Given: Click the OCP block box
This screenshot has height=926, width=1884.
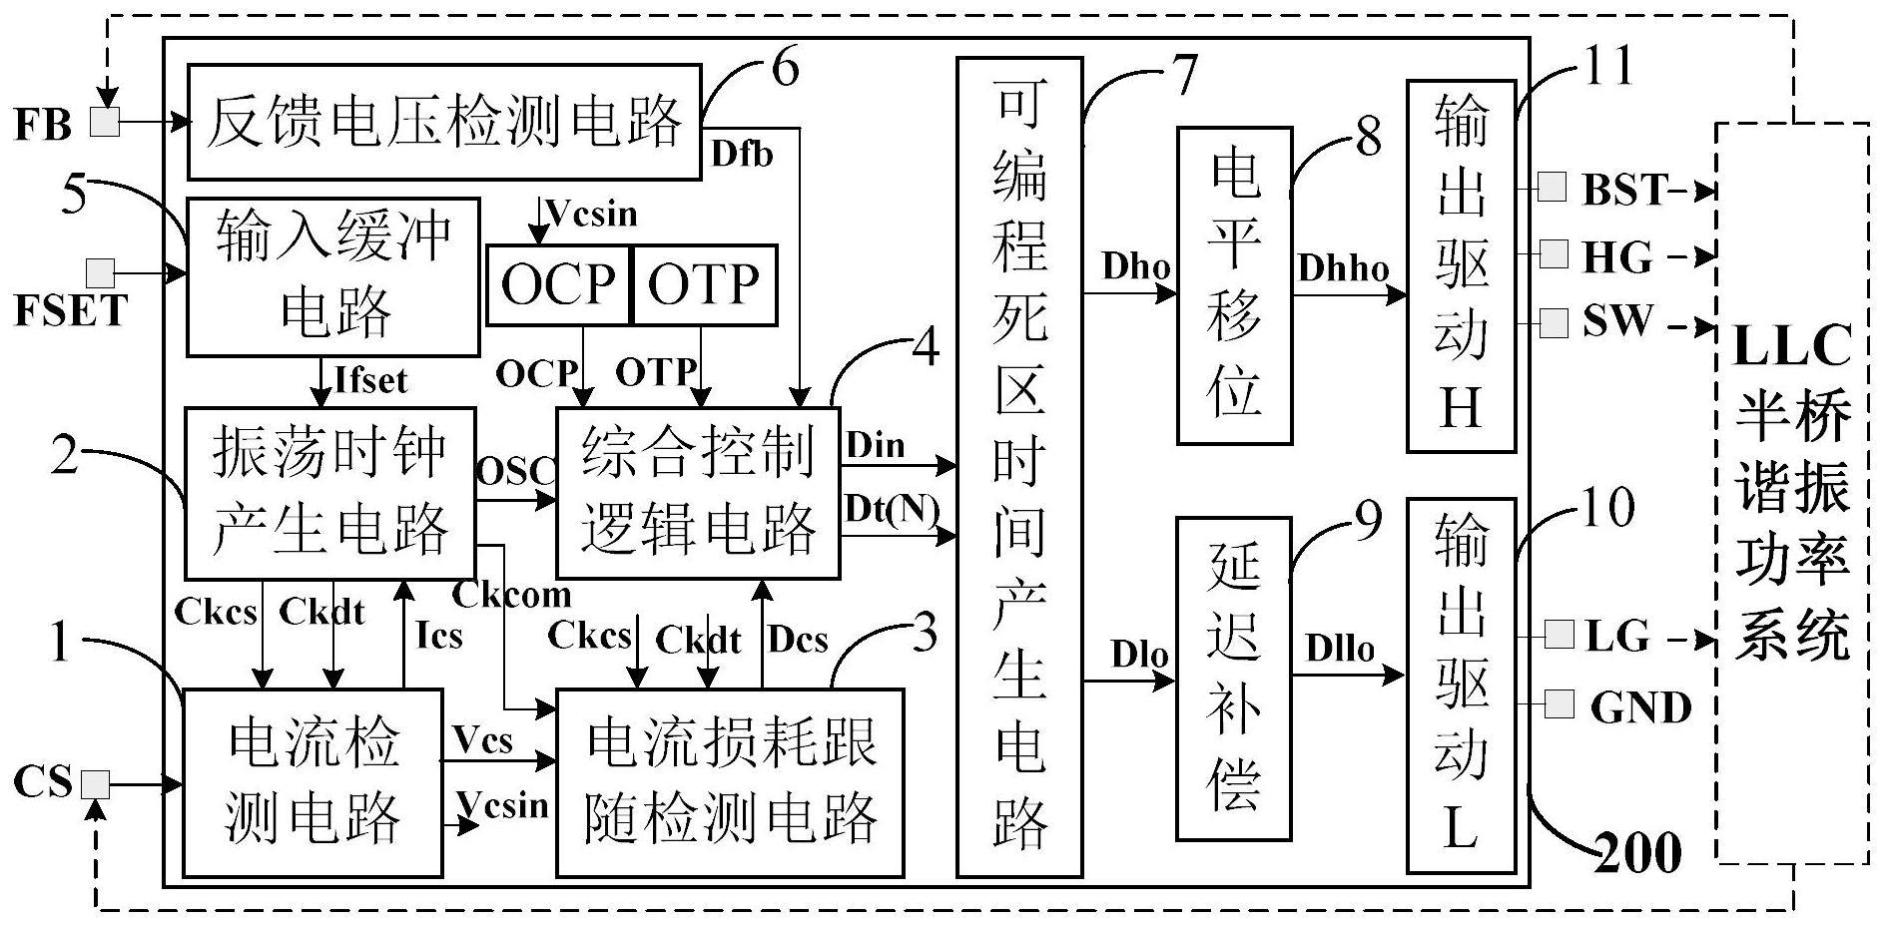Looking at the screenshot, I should pos(558,284).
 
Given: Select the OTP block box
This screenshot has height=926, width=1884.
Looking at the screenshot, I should pos(704,284).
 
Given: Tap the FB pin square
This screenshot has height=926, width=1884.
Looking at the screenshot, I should pos(105,123).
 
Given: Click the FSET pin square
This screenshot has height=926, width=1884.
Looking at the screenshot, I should pos(100,272).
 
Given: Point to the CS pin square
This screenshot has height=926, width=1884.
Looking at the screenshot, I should pos(95,785).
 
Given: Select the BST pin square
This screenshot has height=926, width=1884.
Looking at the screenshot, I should pos(1552,188).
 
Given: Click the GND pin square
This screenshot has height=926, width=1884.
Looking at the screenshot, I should pos(1558,704).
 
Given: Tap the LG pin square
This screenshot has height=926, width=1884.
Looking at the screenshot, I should pos(1558,634).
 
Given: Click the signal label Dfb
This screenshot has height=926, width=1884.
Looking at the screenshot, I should pos(742,155).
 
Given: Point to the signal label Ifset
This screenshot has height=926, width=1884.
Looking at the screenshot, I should pos(371,380).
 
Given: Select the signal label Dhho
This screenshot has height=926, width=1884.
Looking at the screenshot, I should pos(1343,267).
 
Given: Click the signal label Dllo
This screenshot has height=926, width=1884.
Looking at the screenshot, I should pos(1340,650).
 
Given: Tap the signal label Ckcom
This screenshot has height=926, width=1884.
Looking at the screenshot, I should pos(512,595).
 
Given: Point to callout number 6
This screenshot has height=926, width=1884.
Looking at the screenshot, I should pos(786,68).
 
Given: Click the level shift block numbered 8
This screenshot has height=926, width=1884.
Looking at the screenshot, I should pos(1234,285).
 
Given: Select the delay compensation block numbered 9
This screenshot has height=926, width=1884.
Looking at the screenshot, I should pos(1234,679).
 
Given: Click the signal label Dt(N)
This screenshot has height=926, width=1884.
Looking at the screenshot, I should pos(892,510).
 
